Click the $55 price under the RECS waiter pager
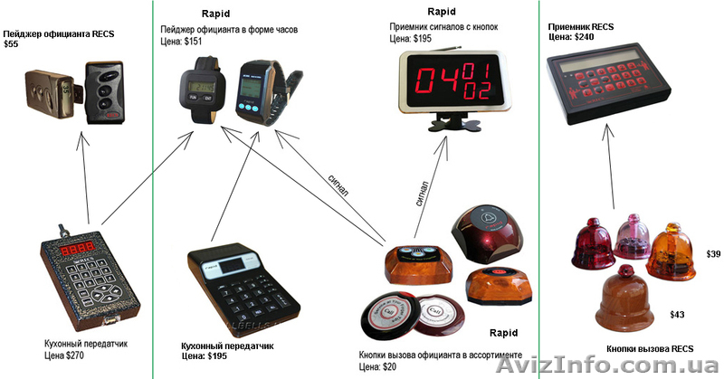(11, 43)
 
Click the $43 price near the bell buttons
(676, 315)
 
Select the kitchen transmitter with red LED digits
(89, 276)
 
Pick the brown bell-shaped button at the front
(624, 299)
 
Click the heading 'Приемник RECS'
(580, 27)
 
